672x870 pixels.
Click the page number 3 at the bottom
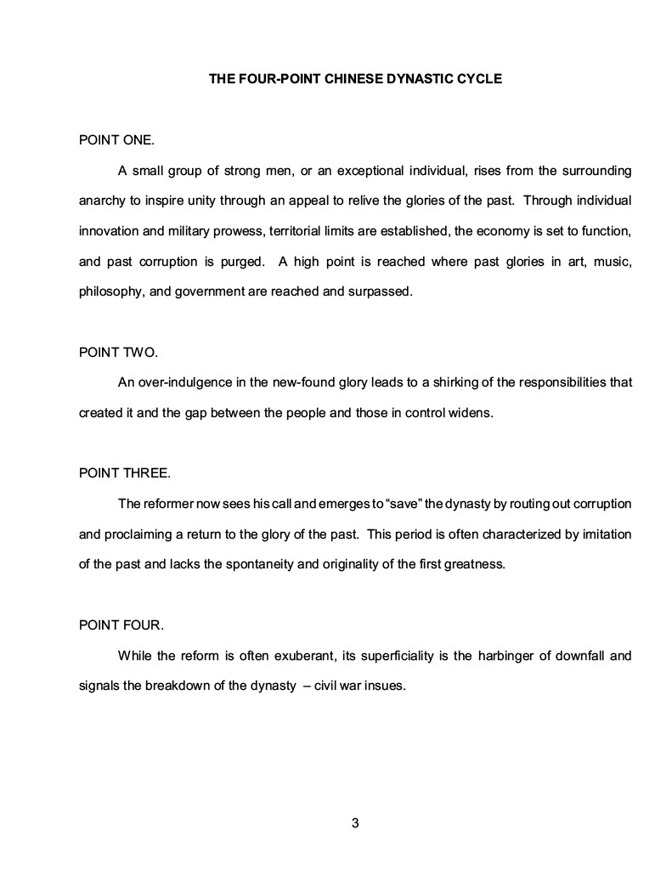click(x=355, y=822)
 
